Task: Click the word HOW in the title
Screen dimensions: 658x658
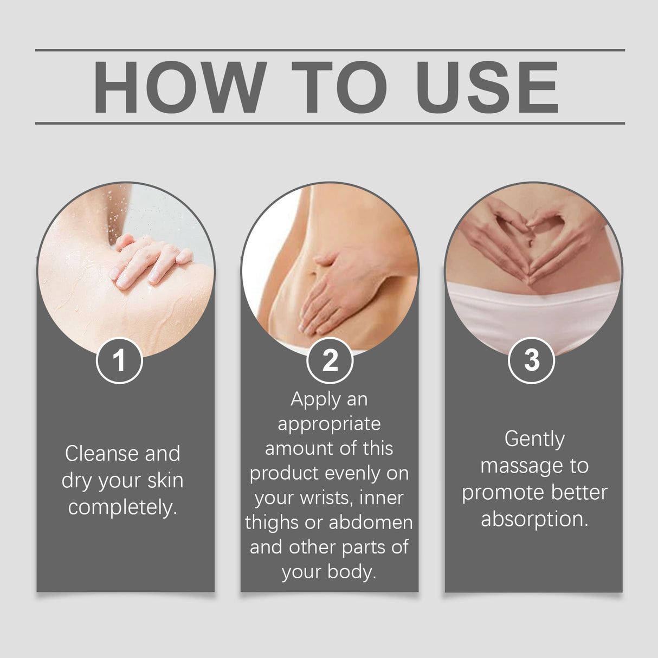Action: pyautogui.click(x=179, y=87)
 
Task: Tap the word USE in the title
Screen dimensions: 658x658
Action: pyautogui.click(x=487, y=87)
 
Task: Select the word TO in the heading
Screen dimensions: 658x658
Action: pyautogui.click(x=339, y=87)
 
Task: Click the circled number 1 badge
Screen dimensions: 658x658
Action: pyautogui.click(x=119, y=360)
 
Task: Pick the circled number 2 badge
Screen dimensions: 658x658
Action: pyautogui.click(x=330, y=360)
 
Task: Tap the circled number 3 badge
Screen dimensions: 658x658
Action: pyautogui.click(x=531, y=360)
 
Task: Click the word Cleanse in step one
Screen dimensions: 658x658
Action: pyautogui.click(x=101, y=454)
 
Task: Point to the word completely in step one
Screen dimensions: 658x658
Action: pyautogui.click(x=122, y=508)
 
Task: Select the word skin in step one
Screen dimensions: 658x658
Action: pyautogui.click(x=166, y=480)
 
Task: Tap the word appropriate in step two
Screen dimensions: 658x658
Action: pyautogui.click(x=329, y=425)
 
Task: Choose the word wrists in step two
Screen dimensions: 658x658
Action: pyautogui.click(x=327, y=498)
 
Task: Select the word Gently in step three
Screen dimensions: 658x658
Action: pyautogui.click(x=534, y=440)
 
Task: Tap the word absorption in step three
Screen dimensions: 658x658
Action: pyautogui.click(x=534, y=519)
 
